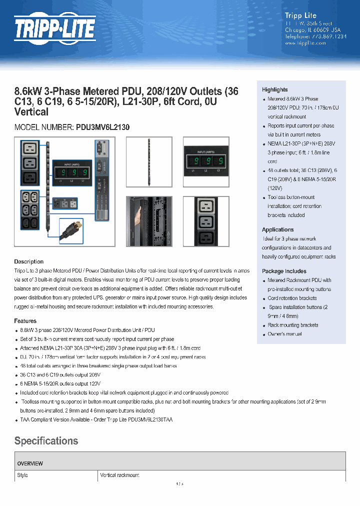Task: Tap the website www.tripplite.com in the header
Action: coord(305,43)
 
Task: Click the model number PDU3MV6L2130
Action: coord(102,127)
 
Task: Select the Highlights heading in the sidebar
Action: coord(274,89)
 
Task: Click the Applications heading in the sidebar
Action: coord(277,229)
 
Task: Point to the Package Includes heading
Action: coord(284,271)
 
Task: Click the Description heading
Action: coord(28,261)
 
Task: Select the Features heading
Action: coord(25,321)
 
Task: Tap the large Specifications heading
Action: coord(46,441)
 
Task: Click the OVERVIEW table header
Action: coord(30,463)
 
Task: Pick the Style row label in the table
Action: coord(22,475)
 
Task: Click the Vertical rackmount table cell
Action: coord(119,475)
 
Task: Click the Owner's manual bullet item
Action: coord(284,334)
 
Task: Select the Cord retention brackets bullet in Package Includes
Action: coord(292,298)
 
